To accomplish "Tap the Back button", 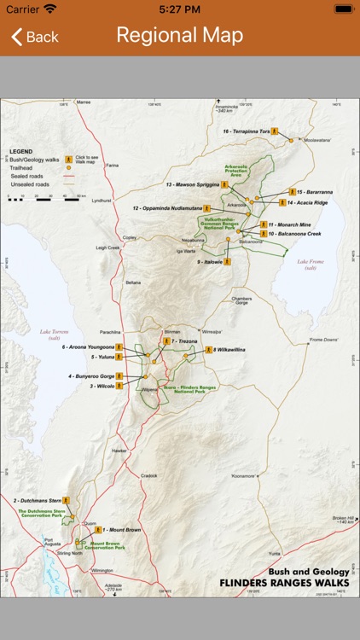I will (x=34, y=37).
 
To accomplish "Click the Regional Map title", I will (x=180, y=35).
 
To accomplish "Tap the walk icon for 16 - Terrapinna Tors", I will (x=276, y=131).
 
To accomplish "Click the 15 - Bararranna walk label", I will (x=315, y=192).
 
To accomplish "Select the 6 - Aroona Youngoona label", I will (x=87, y=347).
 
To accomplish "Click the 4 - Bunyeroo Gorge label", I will (x=90, y=375).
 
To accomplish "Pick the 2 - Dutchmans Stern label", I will (x=38, y=499).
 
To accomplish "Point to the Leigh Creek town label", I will (x=107, y=247).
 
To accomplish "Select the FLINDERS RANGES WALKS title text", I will (x=284, y=583).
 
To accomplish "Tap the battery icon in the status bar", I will (x=343, y=9).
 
